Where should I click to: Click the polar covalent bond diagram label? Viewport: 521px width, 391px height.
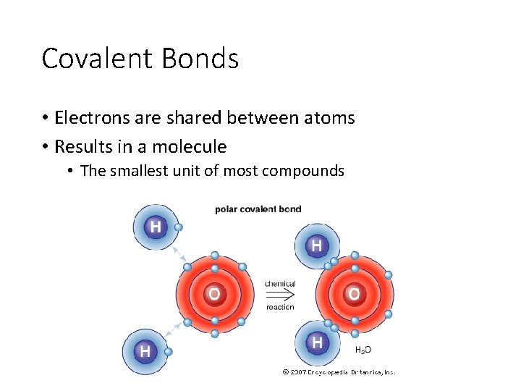258,209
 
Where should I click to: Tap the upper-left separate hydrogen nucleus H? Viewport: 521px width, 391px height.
155,227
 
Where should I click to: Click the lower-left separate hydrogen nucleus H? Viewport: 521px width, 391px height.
145,351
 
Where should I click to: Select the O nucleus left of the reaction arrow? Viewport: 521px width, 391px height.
214,294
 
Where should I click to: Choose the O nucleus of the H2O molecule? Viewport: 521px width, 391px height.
354,294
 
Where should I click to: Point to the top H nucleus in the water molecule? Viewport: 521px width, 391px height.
316,246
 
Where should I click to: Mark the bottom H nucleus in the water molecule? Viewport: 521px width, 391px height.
316,342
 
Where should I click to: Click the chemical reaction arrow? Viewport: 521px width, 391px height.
280,295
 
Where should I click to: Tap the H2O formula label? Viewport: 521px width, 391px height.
363,350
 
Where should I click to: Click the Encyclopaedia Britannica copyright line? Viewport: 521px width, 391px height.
338,372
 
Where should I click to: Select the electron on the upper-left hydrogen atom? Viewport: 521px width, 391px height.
179,227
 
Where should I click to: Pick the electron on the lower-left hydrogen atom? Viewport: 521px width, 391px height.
169,352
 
